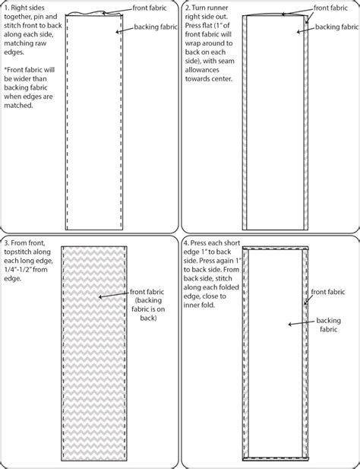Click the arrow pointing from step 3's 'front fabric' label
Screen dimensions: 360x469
(114, 295)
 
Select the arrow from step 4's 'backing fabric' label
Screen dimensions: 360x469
(302, 325)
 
